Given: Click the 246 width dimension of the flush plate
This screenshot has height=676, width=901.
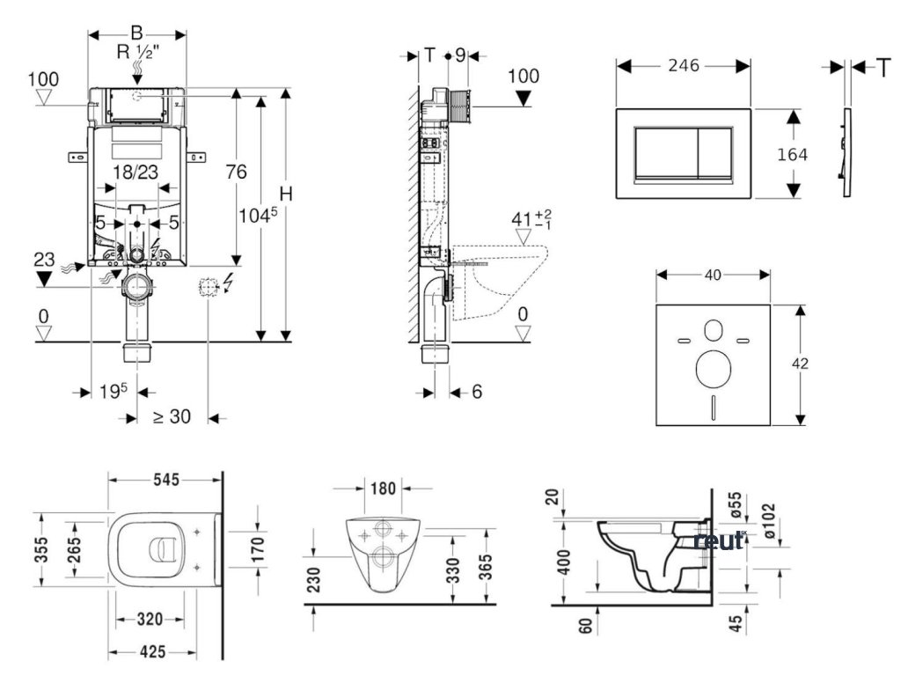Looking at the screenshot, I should (x=682, y=64).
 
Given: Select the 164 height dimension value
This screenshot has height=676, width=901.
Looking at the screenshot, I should (x=793, y=153).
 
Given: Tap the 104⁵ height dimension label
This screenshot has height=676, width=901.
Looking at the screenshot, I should (x=257, y=214).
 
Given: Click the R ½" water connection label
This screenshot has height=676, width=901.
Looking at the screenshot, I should (x=138, y=51).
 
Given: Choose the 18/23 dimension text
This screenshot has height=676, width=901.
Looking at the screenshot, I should (x=136, y=173).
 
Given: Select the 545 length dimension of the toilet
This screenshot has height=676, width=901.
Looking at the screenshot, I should (x=165, y=480).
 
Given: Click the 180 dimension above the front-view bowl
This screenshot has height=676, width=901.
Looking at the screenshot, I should (x=384, y=488).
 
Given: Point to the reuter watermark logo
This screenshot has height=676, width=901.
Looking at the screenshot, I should (x=720, y=539).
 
